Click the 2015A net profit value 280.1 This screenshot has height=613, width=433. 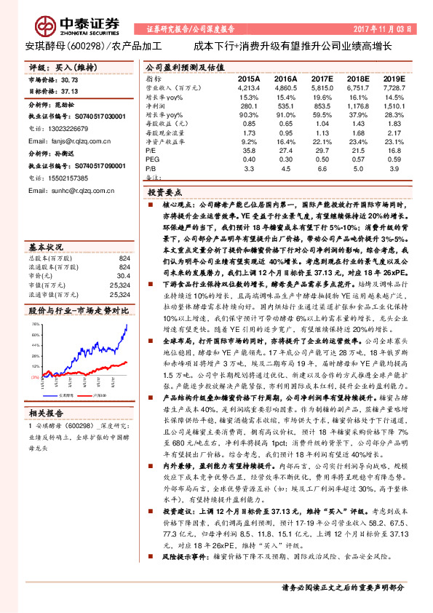248,106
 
